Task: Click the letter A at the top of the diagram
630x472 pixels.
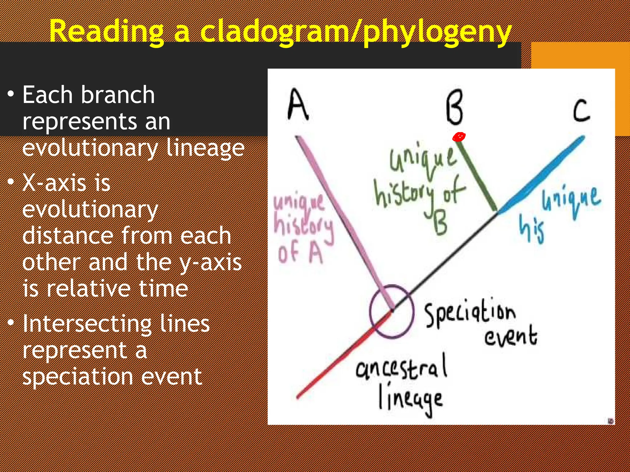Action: (x=298, y=104)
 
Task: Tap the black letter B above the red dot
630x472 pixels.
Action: (x=454, y=107)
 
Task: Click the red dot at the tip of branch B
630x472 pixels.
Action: (x=459, y=137)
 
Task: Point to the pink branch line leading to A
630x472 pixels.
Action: (x=338, y=215)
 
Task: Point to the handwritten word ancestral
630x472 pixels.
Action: (x=401, y=367)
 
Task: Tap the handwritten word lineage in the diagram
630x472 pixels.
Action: (x=411, y=399)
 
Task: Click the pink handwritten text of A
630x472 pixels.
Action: (x=300, y=254)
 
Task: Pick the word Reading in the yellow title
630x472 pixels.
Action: (x=106, y=31)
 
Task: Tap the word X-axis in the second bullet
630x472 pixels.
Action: (x=66, y=183)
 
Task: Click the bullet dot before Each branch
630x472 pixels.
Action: (x=11, y=94)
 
